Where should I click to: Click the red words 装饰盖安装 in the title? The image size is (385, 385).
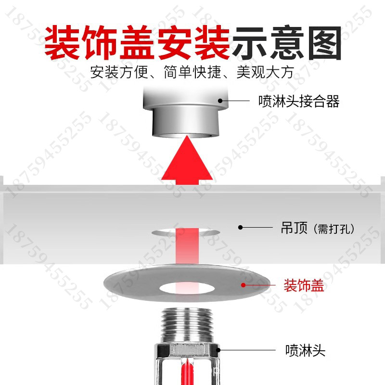pyautogui.click(x=137, y=42)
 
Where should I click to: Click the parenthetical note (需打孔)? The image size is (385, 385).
pyautogui.click(x=333, y=229)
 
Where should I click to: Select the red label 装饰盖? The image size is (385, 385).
pyautogui.click(x=304, y=286)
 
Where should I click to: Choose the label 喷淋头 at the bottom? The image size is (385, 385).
pyautogui.click(x=305, y=350)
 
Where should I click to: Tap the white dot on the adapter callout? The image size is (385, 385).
pyautogui.click(x=221, y=101)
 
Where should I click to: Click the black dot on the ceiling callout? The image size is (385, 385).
pyautogui.click(x=241, y=227)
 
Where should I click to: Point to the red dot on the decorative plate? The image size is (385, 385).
pyautogui.click(x=244, y=285)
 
